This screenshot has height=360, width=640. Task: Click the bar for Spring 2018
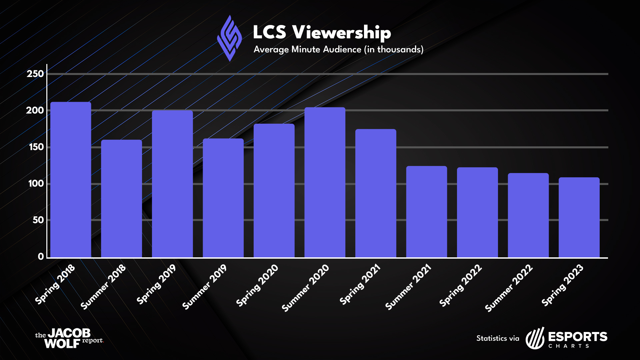point(70,180)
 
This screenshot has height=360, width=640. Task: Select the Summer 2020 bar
point(325,183)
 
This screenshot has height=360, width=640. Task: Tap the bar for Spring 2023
point(579,217)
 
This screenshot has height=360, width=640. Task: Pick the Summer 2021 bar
point(426,212)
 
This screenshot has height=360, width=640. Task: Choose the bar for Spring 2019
point(172,184)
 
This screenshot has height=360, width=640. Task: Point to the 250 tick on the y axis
point(35,74)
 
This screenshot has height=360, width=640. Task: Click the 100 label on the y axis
point(36,184)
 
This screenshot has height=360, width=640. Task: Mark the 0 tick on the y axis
point(41,256)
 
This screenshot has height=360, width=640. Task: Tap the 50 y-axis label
point(38,220)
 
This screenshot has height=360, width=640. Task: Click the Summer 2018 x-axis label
point(103,287)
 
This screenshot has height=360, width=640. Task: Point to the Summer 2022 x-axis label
point(509,288)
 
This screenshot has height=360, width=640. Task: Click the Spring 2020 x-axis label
point(257,285)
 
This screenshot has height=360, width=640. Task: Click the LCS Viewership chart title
point(322,32)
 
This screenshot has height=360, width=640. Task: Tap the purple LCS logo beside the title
point(229,38)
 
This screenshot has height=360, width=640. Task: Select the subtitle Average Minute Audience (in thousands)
point(338,50)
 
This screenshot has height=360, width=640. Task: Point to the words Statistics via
point(498,338)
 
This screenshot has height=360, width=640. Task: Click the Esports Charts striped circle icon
point(535,339)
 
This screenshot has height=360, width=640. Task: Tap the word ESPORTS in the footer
point(578,337)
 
